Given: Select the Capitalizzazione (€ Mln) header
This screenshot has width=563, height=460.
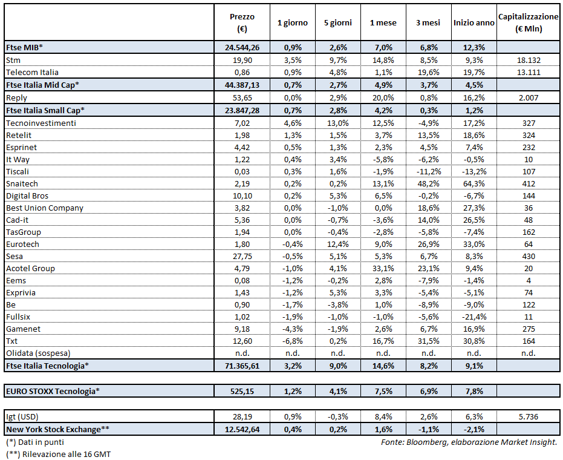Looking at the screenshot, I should [528, 22].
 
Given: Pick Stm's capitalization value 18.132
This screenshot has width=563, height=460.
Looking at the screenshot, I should [528, 60].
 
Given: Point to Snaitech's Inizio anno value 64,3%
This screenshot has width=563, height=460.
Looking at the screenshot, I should [474, 183].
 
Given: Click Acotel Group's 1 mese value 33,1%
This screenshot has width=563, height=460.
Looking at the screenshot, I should [383, 268].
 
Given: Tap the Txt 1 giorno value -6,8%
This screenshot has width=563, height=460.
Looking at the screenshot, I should [292, 341].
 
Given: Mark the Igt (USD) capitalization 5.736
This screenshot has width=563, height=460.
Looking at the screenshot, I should [528, 416].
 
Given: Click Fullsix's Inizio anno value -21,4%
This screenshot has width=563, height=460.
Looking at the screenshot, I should [474, 317].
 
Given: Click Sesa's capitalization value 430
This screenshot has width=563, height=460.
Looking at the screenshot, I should [528, 256].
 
